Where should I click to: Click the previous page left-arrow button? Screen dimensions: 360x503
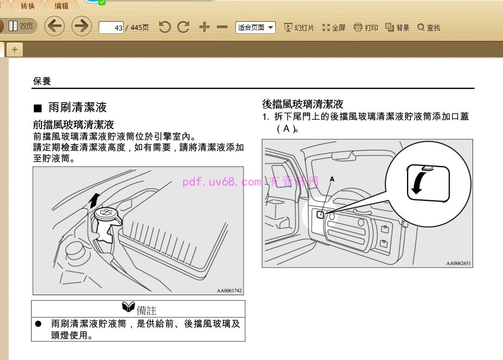54,27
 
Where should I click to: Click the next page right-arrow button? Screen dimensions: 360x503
82,27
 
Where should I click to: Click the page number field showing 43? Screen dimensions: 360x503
111,27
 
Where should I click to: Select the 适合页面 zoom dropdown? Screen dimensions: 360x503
256,27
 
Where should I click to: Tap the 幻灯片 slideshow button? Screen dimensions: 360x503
299,27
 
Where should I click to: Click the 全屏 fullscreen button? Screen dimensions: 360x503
334,27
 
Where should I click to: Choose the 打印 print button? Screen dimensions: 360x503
366,27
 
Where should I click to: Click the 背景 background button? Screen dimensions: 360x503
397,27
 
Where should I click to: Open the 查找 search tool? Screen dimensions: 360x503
429,27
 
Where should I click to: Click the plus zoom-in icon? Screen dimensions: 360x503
204,27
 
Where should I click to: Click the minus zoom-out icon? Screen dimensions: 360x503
222,27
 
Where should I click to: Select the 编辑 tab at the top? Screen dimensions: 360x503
62,6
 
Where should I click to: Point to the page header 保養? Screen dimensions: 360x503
42,81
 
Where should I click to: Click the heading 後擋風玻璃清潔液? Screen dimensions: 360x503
302,104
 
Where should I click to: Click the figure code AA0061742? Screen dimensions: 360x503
229,291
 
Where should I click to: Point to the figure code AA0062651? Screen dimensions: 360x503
458,264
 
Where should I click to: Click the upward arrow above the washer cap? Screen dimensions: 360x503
95,199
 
